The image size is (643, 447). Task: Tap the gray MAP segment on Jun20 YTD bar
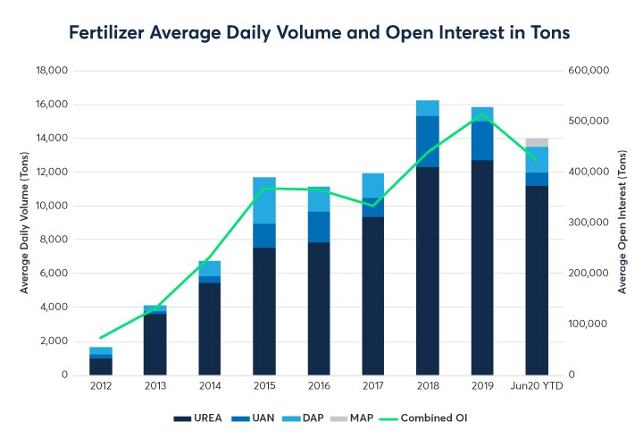click(x=537, y=142)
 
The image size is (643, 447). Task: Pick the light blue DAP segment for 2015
click(x=264, y=200)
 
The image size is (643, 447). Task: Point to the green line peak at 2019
click(x=482, y=114)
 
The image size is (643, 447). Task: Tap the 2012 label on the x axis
click(x=101, y=385)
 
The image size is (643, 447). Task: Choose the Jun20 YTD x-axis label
click(x=537, y=385)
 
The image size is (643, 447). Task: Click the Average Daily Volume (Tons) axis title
click(x=26, y=222)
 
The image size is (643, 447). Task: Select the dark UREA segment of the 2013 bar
click(x=155, y=344)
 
